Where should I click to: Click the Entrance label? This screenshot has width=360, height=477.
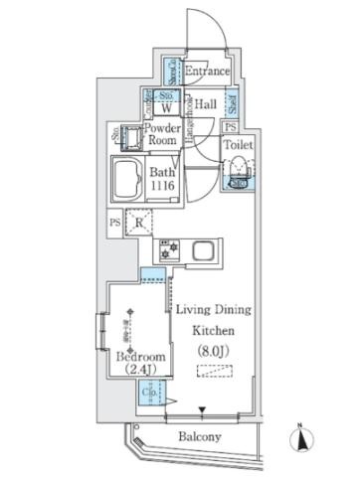208,73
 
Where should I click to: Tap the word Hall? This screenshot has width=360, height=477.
206,103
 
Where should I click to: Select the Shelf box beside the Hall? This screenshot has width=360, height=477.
232,102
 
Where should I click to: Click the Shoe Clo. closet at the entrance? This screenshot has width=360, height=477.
172,71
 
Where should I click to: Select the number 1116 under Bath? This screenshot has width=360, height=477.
163,184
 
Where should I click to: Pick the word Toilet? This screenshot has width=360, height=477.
239,145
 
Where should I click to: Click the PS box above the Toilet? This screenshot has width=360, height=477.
230,127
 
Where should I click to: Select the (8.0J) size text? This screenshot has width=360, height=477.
213,350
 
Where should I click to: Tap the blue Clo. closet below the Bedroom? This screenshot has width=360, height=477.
146,395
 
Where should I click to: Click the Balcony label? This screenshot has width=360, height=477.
200,435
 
